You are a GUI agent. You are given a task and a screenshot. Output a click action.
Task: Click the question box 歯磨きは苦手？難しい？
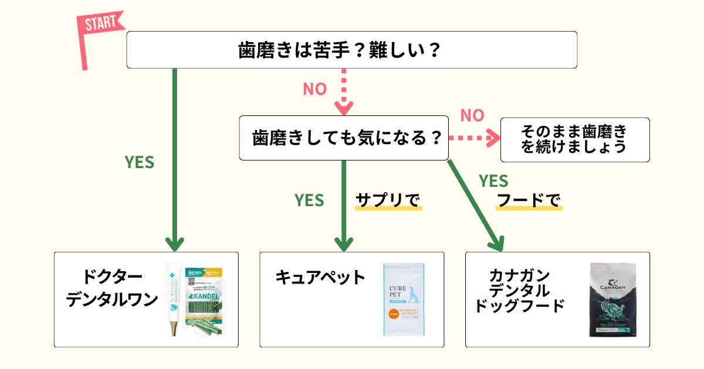(x=352, y=50)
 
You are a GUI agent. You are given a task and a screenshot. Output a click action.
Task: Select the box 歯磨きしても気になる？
(x=344, y=138)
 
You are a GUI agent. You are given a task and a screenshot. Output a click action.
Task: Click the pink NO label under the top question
(x=314, y=89)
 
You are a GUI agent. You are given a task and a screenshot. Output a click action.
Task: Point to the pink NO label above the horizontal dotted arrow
(x=472, y=115)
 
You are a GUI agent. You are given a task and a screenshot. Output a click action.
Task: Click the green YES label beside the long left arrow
(x=140, y=163)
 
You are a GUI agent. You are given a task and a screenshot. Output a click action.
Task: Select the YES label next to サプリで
(x=309, y=200)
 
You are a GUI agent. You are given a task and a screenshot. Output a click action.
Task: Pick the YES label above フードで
(x=493, y=180)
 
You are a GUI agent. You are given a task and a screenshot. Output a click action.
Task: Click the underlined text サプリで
(x=388, y=200)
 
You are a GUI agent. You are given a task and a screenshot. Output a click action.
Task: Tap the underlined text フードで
(x=529, y=200)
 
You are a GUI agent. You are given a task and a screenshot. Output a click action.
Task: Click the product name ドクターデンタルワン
(x=112, y=288)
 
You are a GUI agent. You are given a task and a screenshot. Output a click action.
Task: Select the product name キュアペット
(x=320, y=276)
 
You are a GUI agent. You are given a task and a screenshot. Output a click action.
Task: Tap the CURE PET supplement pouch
(x=404, y=299)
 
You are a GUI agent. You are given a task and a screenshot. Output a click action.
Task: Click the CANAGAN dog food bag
(x=614, y=300)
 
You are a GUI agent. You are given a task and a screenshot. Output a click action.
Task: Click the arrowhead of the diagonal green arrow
(x=497, y=242)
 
